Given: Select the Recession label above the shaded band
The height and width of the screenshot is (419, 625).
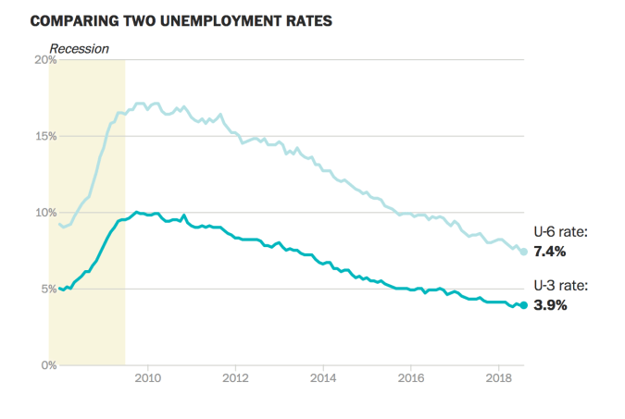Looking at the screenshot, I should (x=79, y=48).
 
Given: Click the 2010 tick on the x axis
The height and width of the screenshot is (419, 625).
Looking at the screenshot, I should (x=148, y=378).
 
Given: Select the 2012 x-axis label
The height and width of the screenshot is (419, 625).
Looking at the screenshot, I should (x=235, y=378).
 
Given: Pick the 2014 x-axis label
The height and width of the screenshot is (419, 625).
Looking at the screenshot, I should (x=323, y=378).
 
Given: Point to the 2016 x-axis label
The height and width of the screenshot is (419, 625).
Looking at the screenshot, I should (x=411, y=378).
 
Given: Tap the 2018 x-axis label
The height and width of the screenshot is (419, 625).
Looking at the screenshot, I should (x=499, y=378).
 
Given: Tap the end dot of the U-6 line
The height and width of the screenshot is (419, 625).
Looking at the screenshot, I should (x=523, y=252).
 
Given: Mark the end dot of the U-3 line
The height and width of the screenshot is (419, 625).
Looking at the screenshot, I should (x=523, y=305).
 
